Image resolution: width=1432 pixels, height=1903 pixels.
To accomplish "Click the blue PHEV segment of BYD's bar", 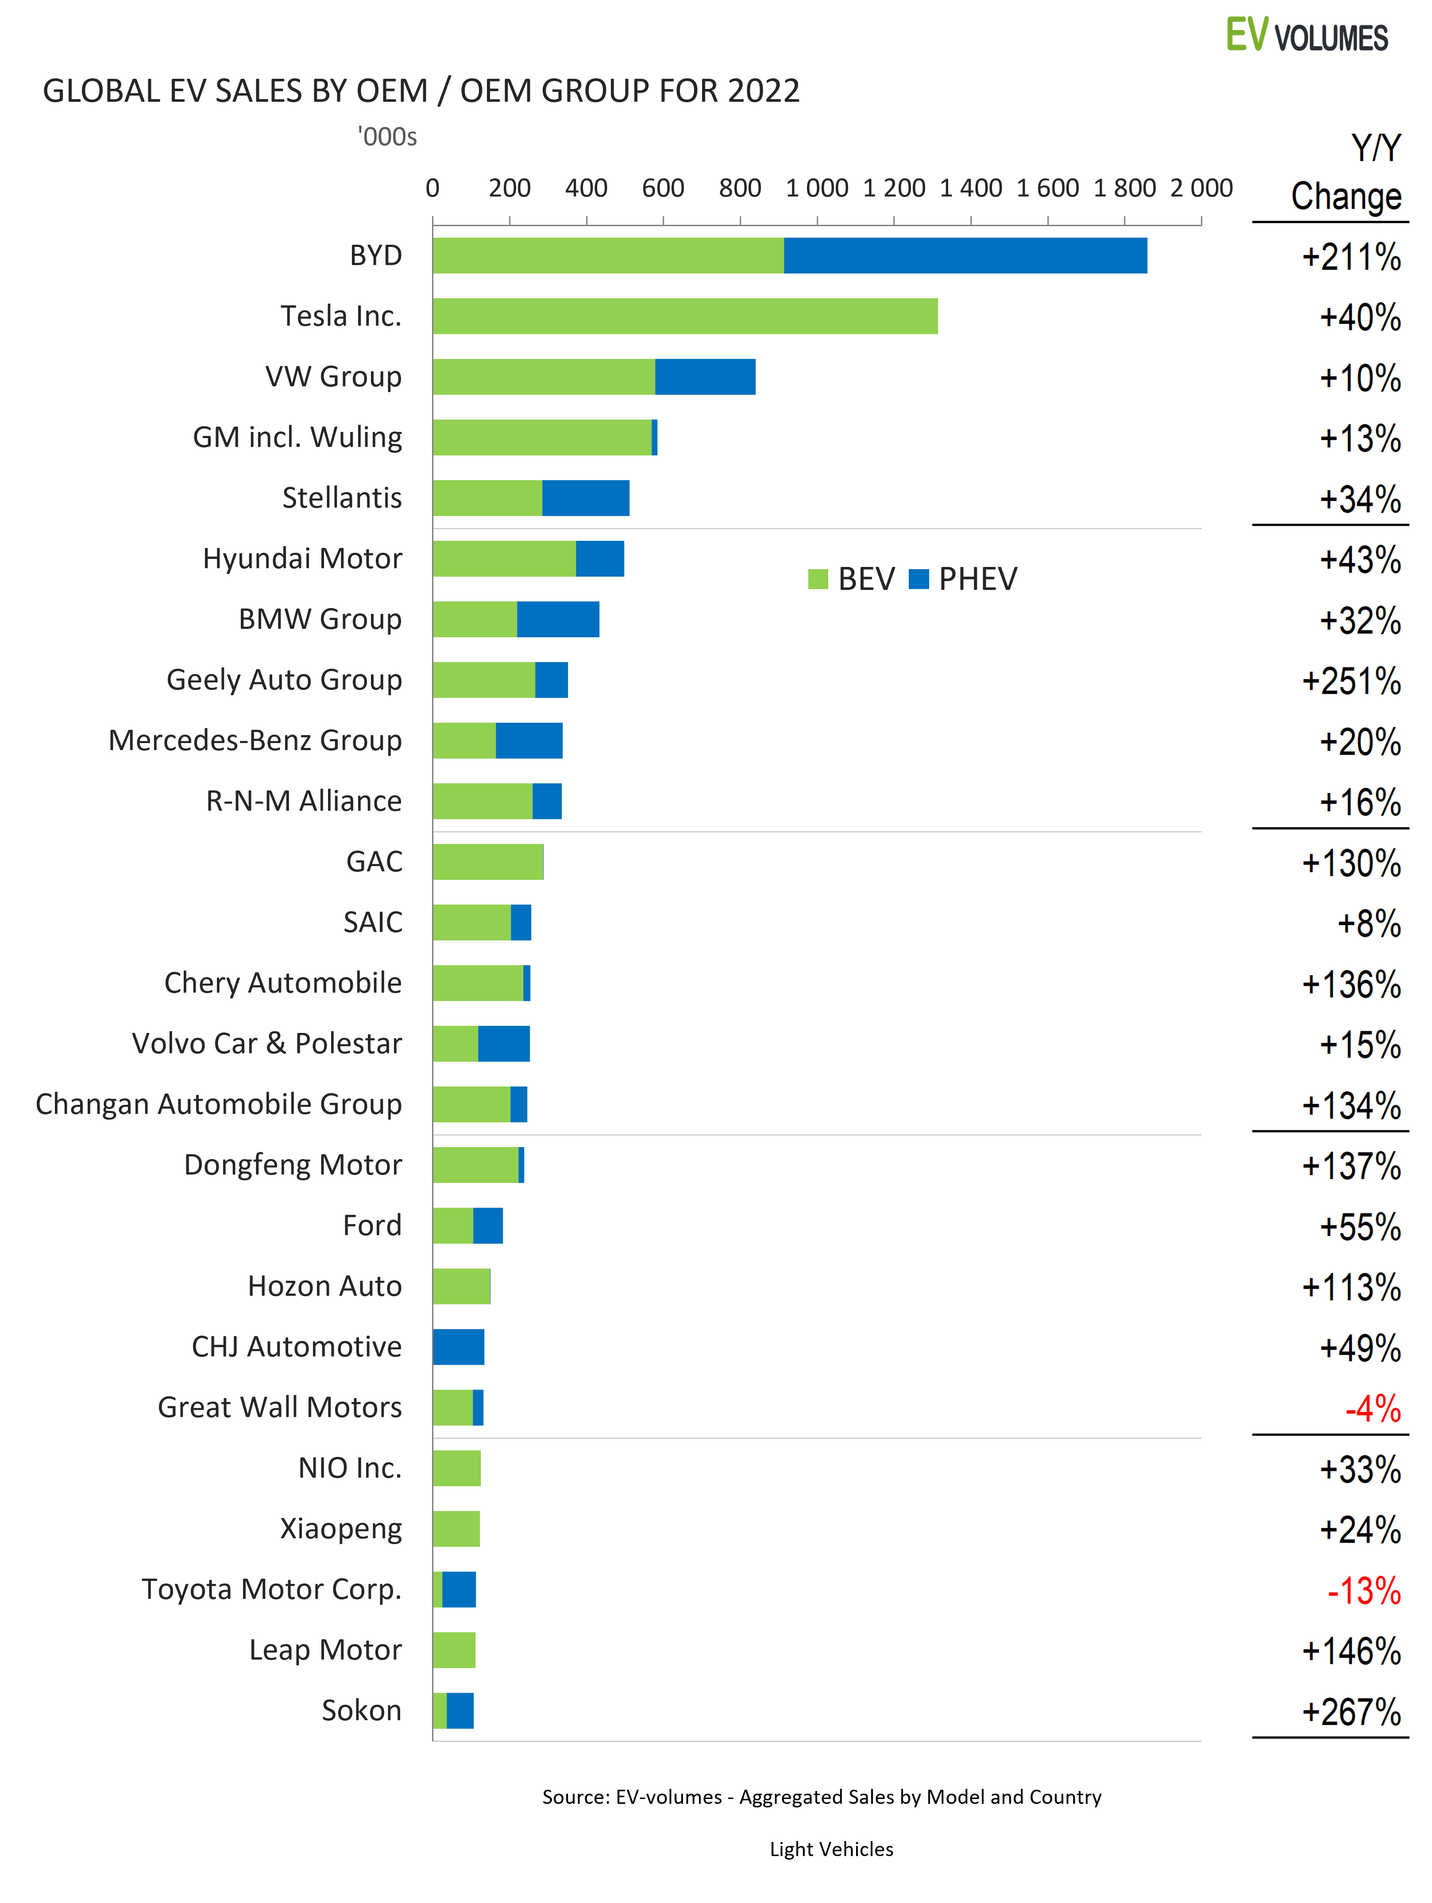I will click(965, 255).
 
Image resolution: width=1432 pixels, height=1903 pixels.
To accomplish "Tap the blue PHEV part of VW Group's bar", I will click(705, 377).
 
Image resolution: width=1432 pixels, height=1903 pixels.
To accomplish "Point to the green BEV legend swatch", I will click(818, 579).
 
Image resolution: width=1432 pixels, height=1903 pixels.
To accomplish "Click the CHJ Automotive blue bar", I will click(459, 1347).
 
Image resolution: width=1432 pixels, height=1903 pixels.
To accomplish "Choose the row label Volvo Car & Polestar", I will click(267, 1044).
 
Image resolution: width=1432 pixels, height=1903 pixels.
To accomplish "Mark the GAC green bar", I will click(488, 862).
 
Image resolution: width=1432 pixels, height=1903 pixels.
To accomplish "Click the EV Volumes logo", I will click(1306, 36).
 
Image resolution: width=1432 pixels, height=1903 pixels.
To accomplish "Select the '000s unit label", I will click(387, 137).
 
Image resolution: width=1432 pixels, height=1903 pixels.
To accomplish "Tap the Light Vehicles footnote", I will click(831, 1849).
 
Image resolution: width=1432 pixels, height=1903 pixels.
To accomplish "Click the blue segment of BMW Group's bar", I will click(558, 620).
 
